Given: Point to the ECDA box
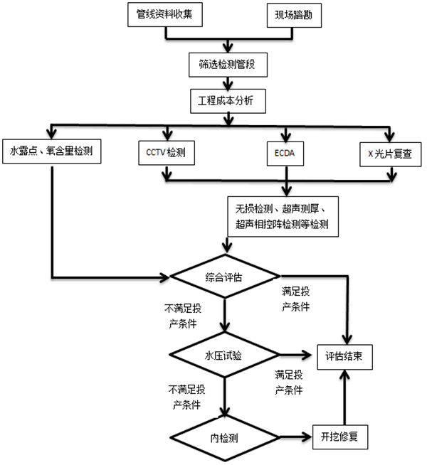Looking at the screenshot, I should pos(288,151).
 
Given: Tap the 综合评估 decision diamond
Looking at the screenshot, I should pos(224,277).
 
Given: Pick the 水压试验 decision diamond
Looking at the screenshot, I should pos(224,355).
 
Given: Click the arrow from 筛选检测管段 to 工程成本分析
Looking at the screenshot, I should pos(228,81).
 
